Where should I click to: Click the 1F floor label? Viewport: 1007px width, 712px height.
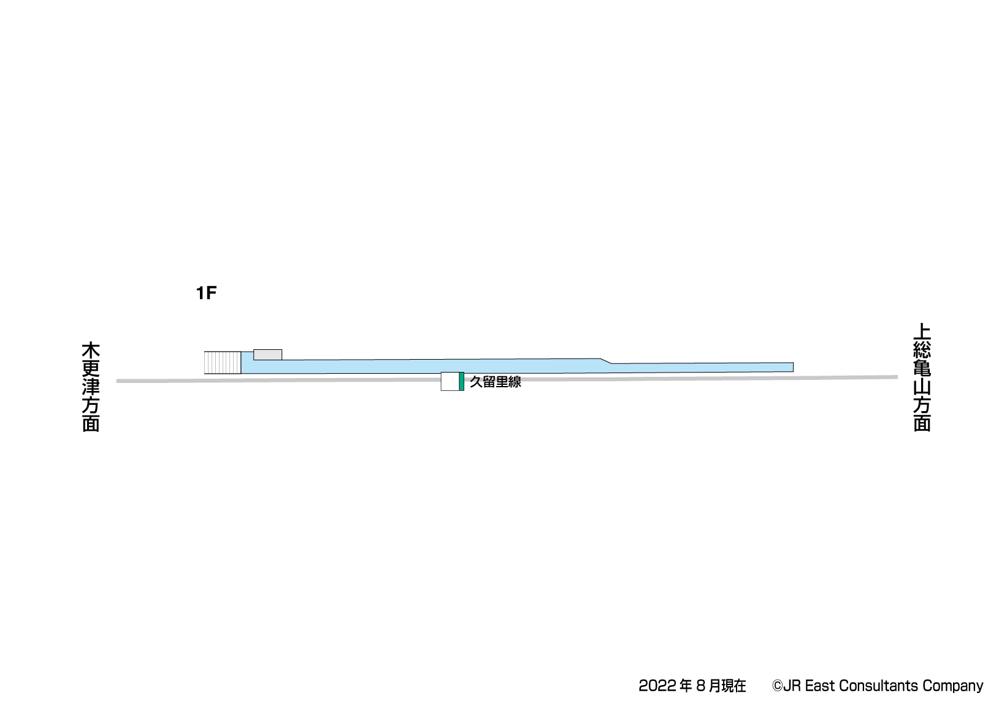point(206,294)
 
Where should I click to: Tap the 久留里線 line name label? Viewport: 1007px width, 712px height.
point(496,382)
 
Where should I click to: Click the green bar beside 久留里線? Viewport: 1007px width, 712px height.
point(462,381)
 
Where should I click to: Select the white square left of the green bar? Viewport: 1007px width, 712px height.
point(450,381)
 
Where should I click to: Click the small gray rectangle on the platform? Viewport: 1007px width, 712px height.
point(268,355)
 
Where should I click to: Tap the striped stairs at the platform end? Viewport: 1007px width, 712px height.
point(223,363)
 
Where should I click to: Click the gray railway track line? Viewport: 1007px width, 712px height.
point(507,379)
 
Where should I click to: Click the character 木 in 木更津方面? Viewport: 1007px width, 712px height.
point(91,351)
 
